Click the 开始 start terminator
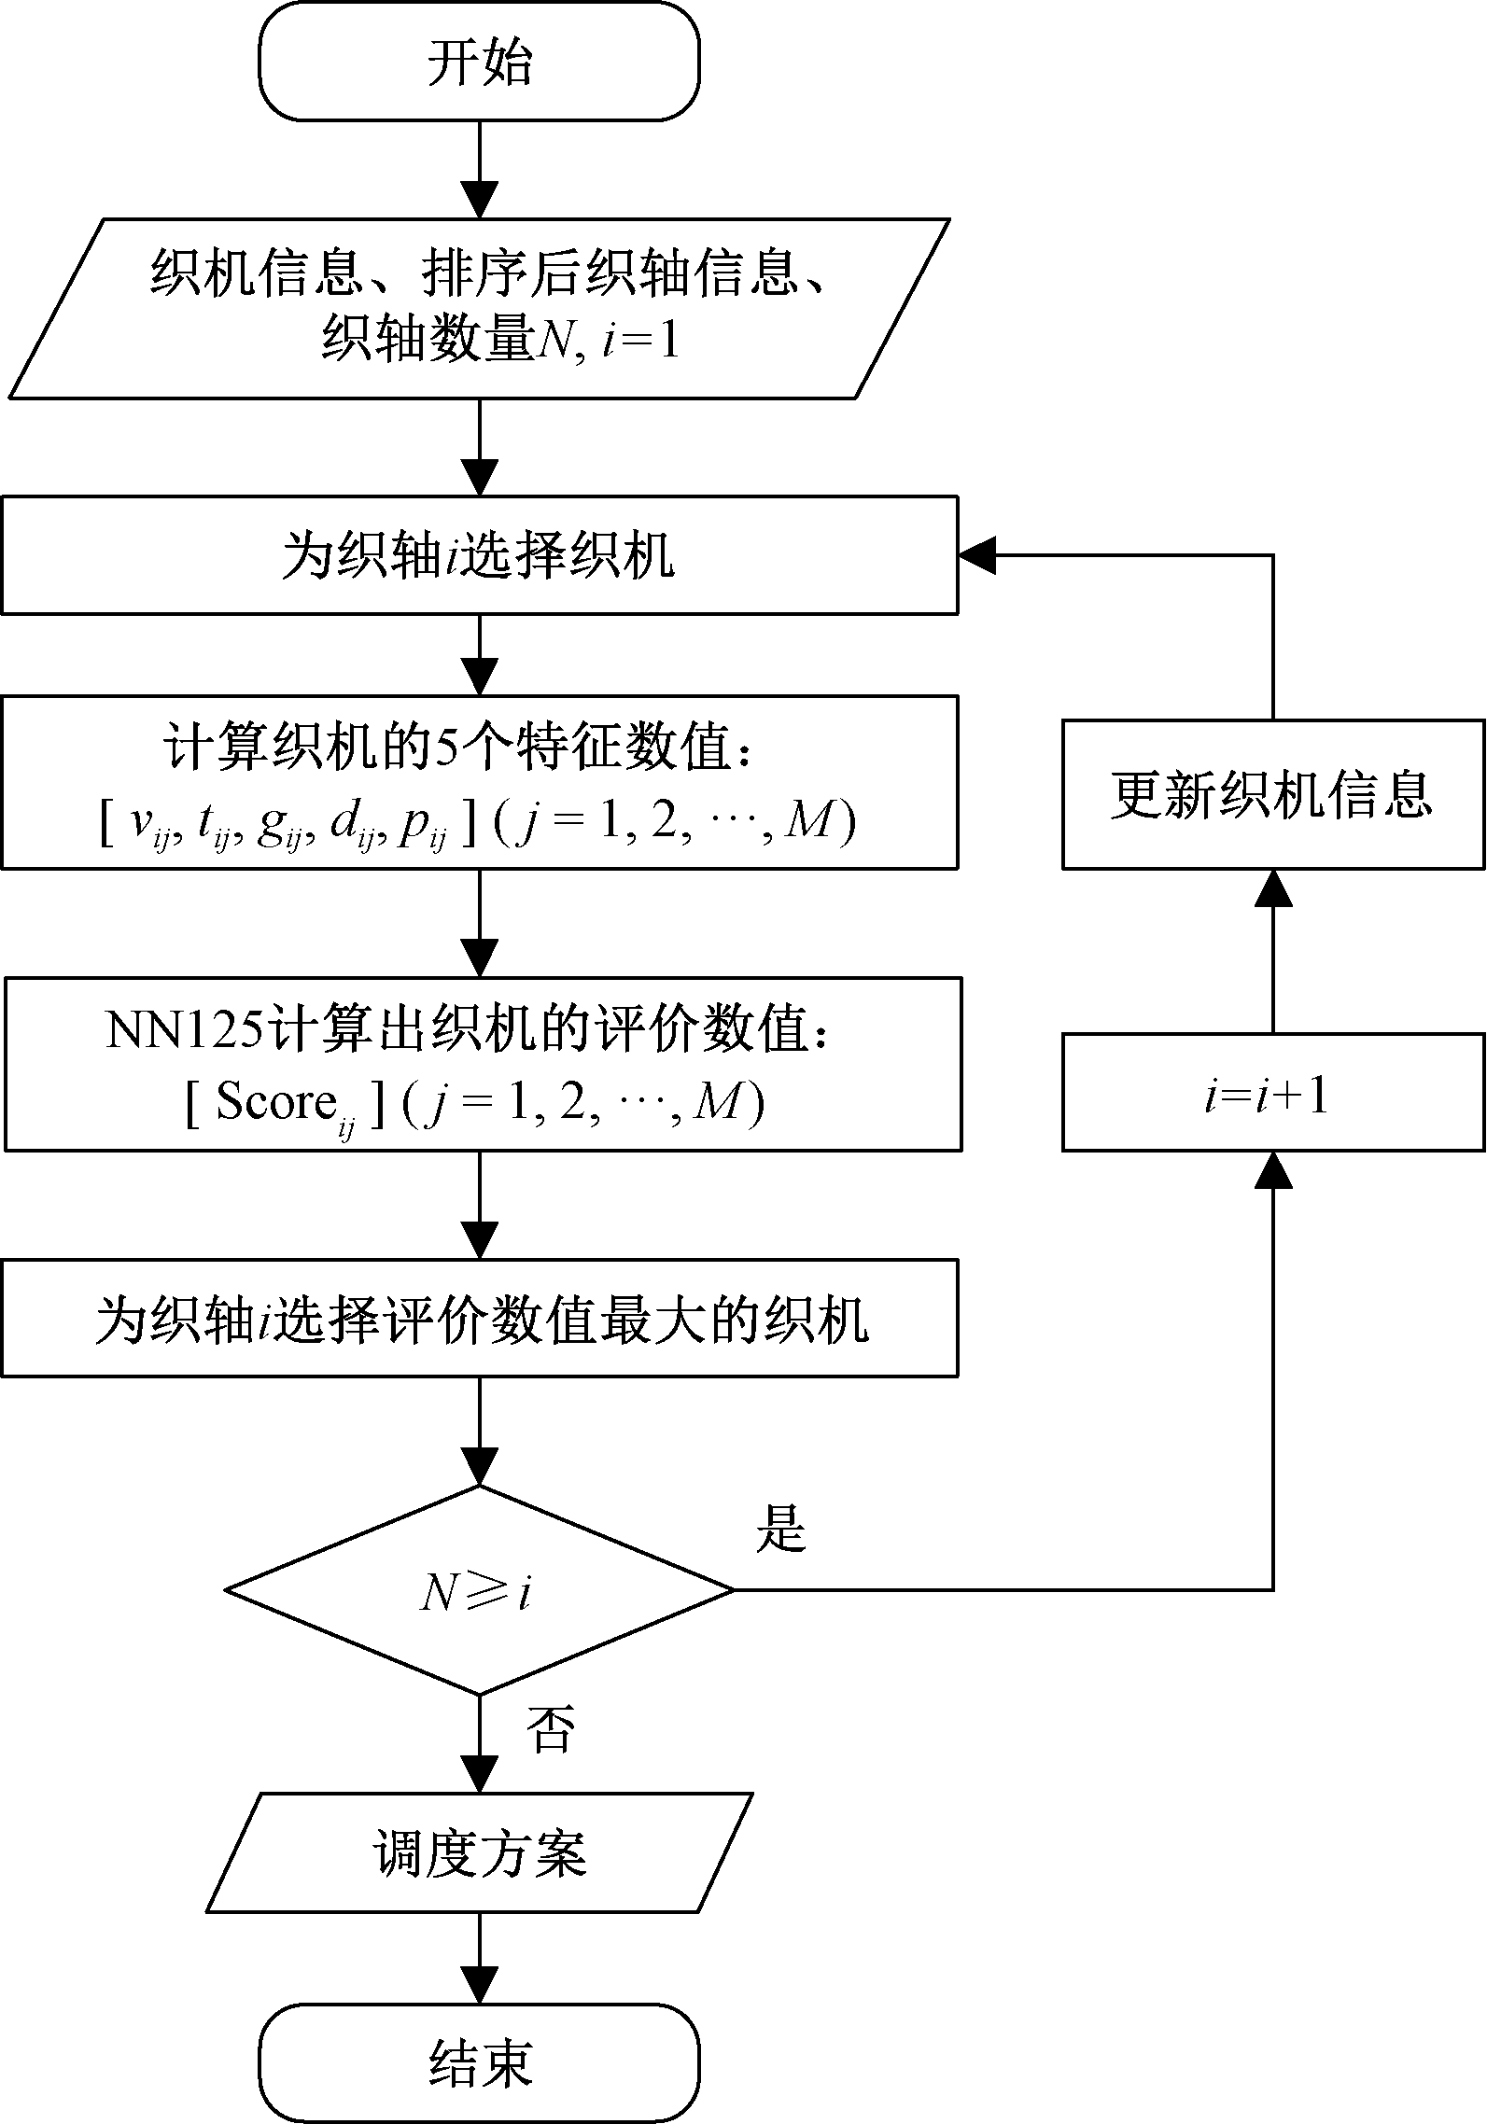click(479, 63)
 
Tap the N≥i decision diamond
click(479, 1590)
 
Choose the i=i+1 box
click(1272, 1092)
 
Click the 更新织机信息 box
click(1272, 794)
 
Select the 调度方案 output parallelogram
click(479, 1852)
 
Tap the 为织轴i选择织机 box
click(479, 555)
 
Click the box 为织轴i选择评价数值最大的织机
click(479, 1319)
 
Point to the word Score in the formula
click(275, 1102)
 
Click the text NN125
click(179, 1032)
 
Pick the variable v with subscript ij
click(143, 824)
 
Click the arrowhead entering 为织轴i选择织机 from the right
click(976, 555)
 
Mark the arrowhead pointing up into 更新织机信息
click(1273, 887)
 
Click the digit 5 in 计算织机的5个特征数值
click(447, 748)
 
